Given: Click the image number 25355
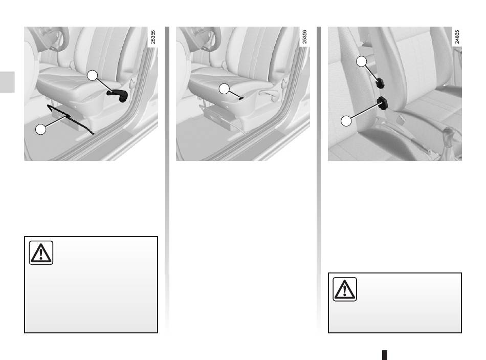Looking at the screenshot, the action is point(153,37).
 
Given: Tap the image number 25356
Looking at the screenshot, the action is point(304,37).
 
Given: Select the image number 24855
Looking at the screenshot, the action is point(457,37).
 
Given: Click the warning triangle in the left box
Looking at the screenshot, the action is point(41,252).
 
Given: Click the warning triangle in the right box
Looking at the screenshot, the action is point(345,289).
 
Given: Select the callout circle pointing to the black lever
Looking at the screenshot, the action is point(92,75).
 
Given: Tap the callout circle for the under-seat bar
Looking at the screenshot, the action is point(40,129).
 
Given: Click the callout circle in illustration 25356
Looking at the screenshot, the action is point(224,89).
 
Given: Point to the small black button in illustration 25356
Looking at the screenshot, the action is point(241,98).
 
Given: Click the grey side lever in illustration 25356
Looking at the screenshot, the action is point(269,94).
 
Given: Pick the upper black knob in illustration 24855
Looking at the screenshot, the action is point(380,83).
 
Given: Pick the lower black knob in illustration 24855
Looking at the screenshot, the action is point(383,103).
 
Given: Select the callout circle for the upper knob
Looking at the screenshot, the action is point(361,61).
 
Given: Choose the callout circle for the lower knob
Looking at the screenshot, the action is point(346,121).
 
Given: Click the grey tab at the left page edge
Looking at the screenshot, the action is point(7,82).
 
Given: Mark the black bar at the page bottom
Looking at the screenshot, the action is point(385,355).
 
